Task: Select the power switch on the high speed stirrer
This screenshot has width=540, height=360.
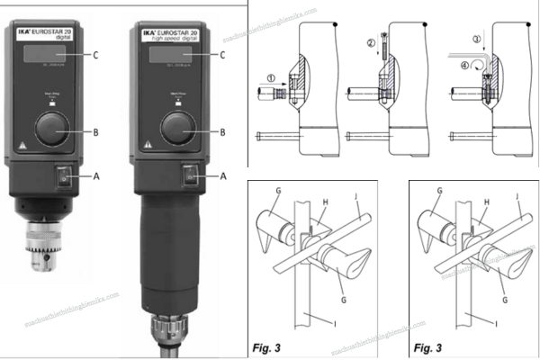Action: [190, 176]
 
